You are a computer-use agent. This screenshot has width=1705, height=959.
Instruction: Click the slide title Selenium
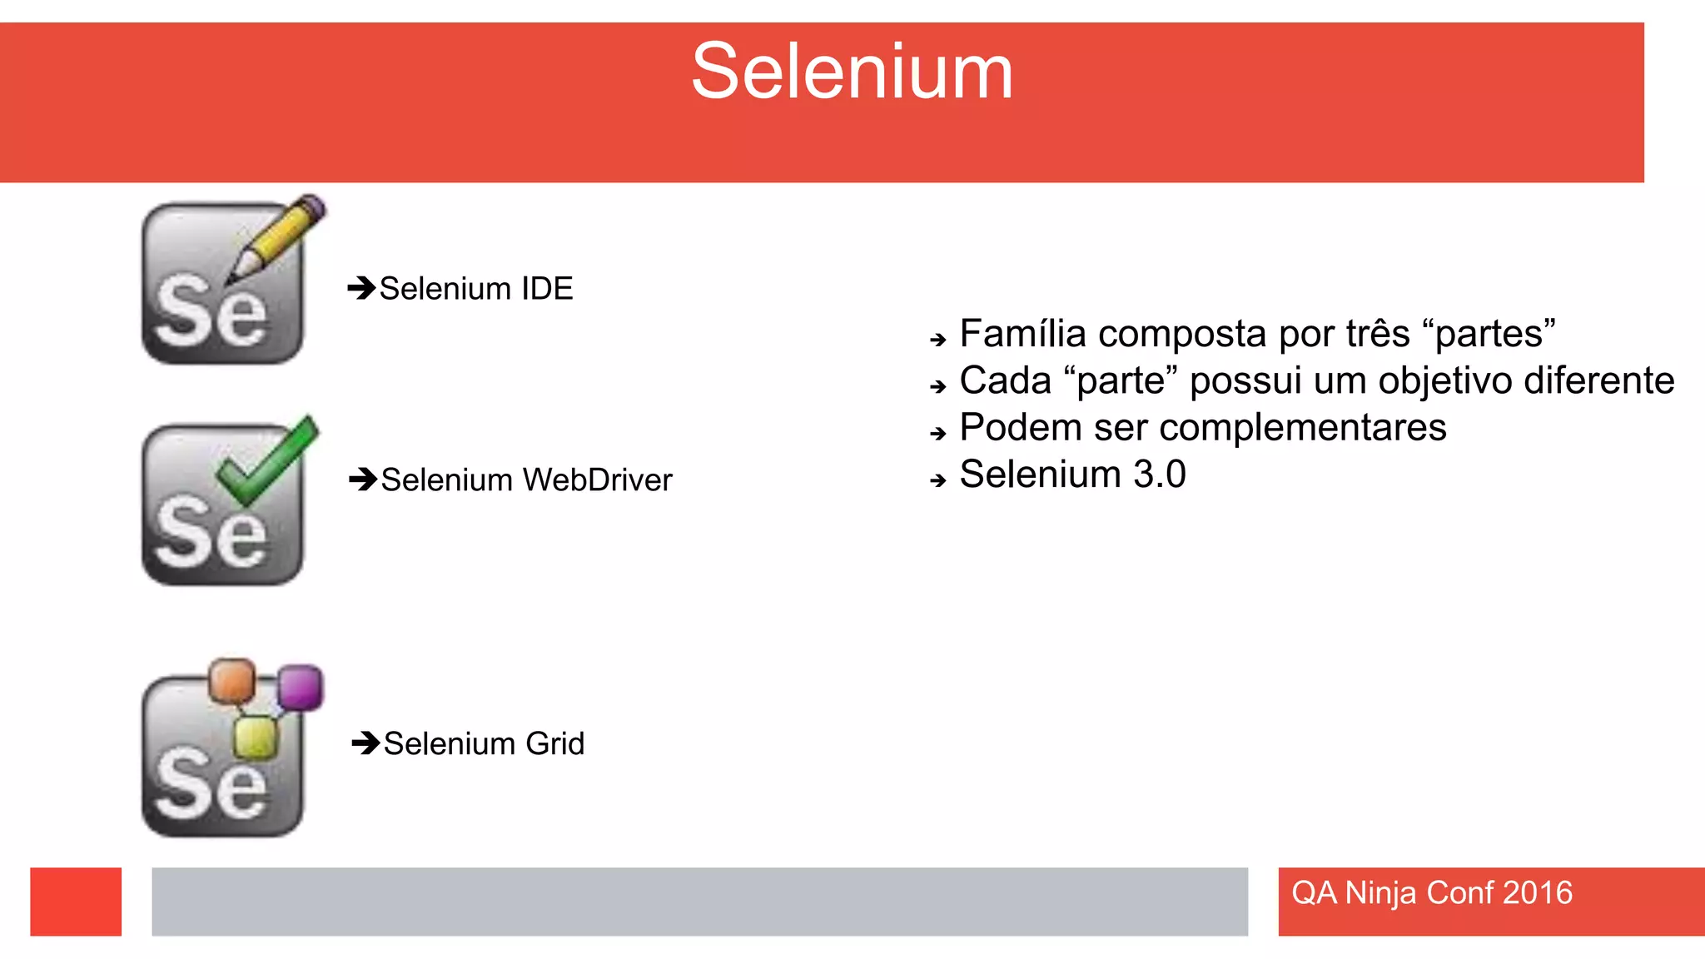pyautogui.click(x=852, y=72)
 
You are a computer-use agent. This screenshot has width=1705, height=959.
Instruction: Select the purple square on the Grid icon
pyautogui.click(x=300, y=688)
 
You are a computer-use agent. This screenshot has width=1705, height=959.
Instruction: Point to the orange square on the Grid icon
pyautogui.click(x=231, y=681)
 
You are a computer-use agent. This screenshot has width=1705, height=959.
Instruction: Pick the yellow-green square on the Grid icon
pyautogui.click(x=255, y=737)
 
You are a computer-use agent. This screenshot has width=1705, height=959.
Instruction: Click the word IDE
pyautogui.click(x=547, y=289)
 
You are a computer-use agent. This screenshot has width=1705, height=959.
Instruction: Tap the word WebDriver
pyautogui.click(x=597, y=480)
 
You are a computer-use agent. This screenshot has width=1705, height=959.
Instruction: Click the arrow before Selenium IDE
pyautogui.click(x=361, y=288)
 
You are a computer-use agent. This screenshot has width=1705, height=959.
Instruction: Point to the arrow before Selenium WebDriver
pyautogui.click(x=363, y=479)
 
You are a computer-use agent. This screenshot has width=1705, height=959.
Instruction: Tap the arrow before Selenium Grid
pyautogui.click(x=365, y=743)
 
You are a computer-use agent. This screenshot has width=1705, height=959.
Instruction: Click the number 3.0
pyautogui.click(x=1159, y=475)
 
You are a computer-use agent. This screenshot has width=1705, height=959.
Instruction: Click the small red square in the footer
pyautogui.click(x=76, y=902)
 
